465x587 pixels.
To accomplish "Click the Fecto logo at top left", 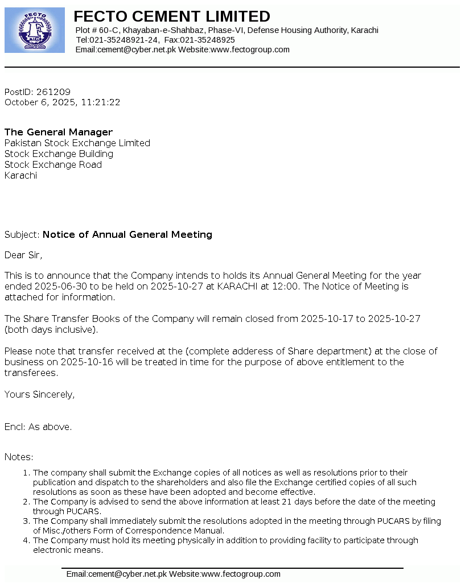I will (34, 30).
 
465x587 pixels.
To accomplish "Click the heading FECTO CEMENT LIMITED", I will (172, 16).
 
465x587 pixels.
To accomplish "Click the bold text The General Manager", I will (59, 132).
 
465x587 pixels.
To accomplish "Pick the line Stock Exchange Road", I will (53, 164).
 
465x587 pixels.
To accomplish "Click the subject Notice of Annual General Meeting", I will (127, 234).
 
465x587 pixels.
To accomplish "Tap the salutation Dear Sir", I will (23, 255).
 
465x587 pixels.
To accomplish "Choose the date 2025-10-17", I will (327, 319).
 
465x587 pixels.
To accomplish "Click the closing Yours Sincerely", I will (39, 394).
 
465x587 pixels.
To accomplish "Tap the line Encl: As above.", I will (38, 427).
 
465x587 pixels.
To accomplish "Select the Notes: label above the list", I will (19, 457).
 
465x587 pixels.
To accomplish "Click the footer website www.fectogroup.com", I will (241, 574).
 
